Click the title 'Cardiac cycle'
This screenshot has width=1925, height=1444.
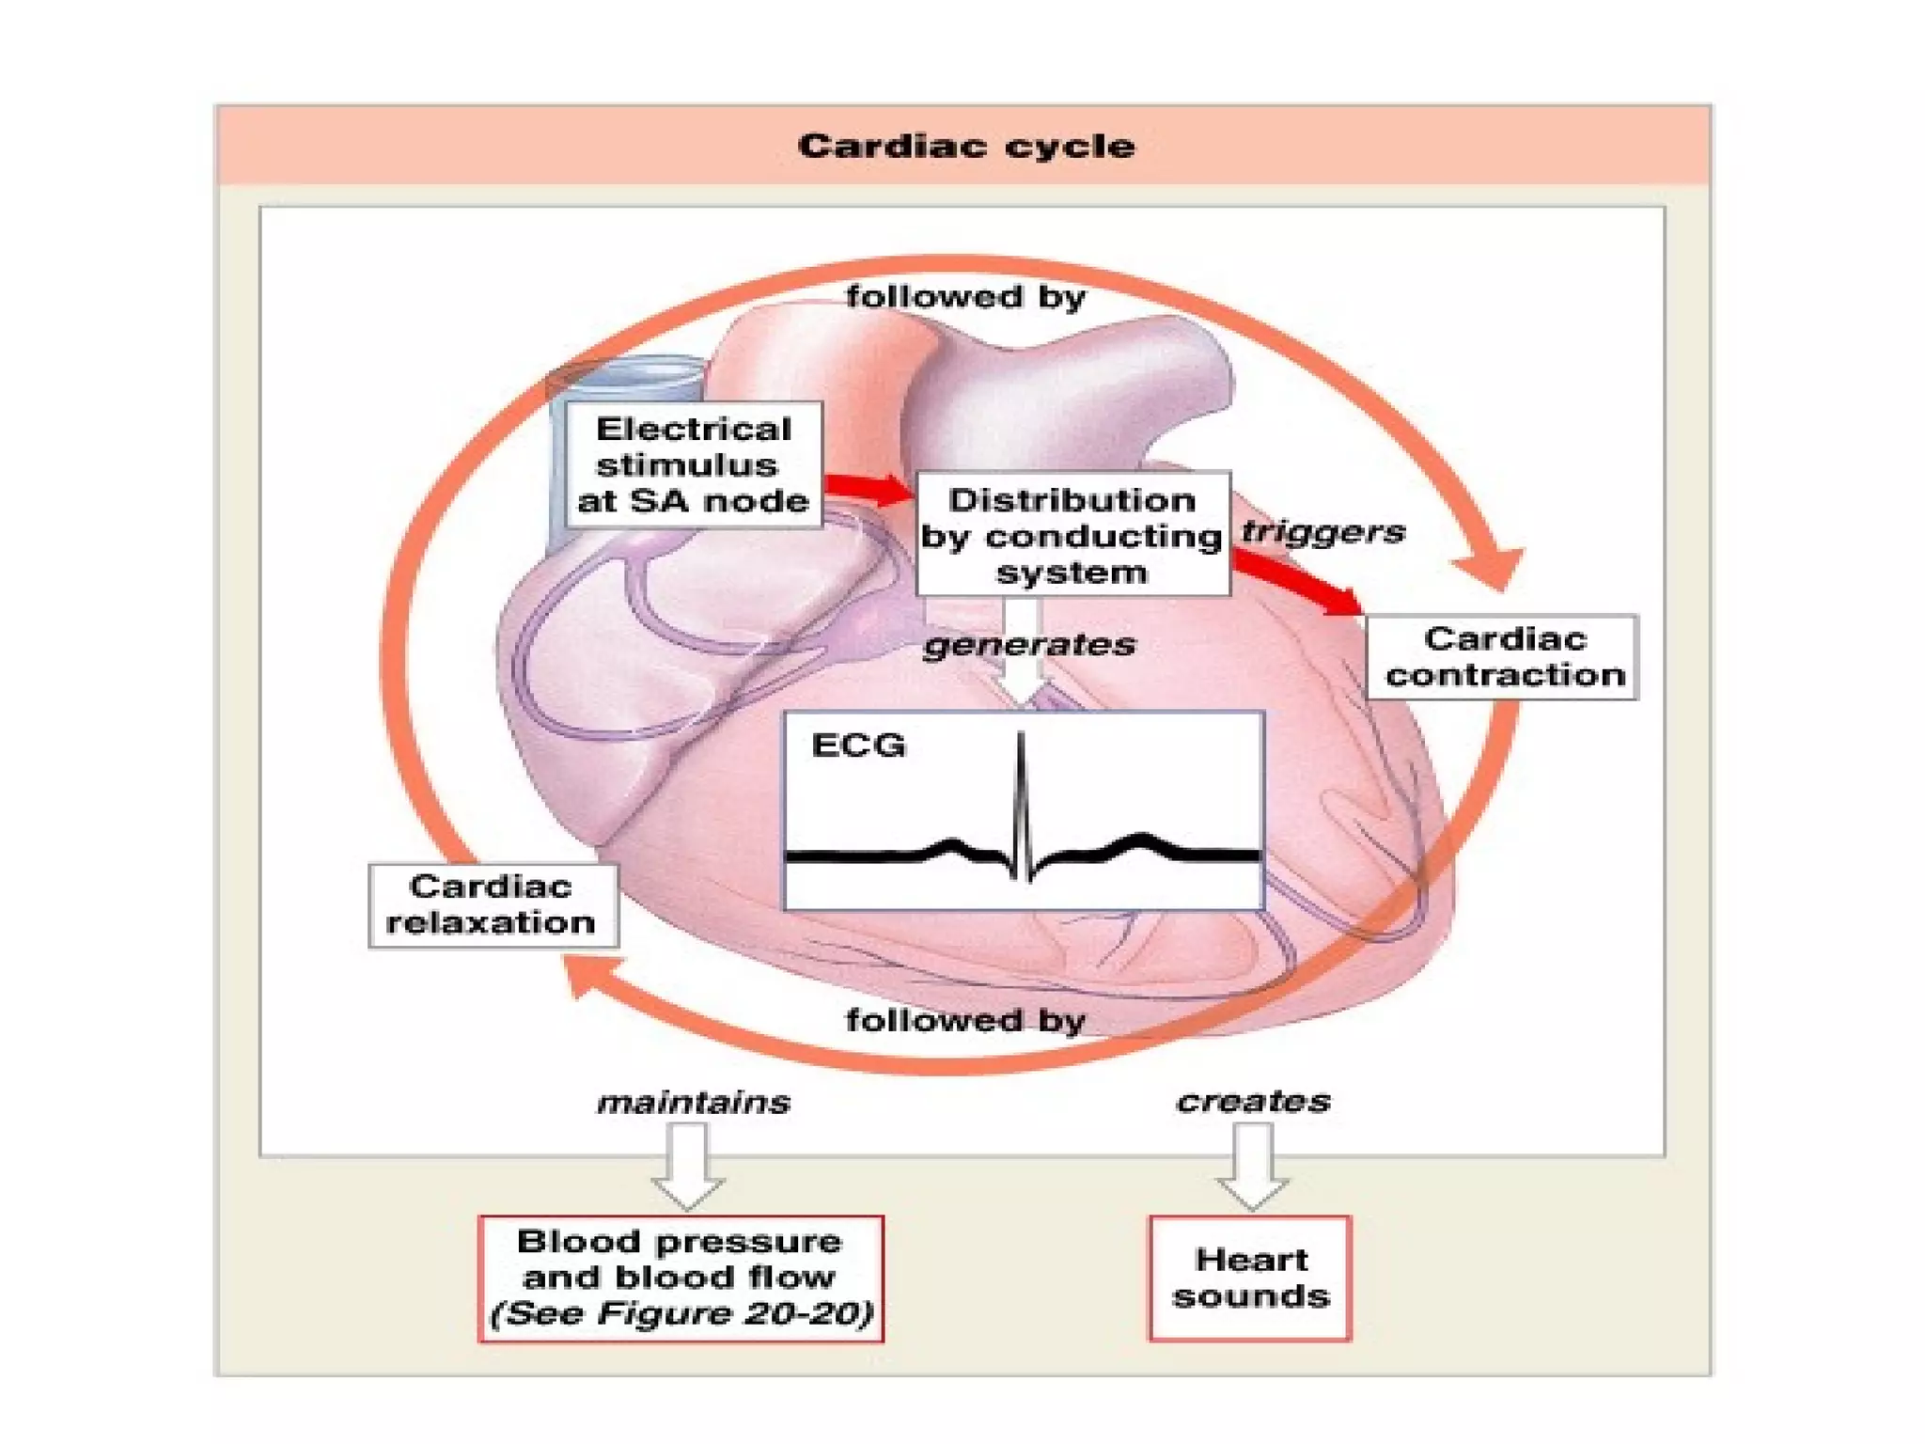965,146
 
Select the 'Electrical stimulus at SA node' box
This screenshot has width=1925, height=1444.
693,464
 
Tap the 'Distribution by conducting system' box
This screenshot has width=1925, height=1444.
1072,535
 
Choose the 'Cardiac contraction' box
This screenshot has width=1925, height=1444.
1502,657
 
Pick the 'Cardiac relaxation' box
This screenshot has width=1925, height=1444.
492,905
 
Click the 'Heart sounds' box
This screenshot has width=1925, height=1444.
1250,1279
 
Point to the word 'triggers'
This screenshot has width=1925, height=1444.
1322,532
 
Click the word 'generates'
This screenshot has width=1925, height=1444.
1029,645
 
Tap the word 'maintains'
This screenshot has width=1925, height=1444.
694,1102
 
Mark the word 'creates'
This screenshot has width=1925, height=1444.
1253,1101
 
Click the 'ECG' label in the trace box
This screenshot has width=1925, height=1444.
858,746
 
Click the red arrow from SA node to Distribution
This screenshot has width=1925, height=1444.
869,487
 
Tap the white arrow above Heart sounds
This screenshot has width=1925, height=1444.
1252,1166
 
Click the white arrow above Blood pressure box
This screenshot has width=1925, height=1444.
688,1166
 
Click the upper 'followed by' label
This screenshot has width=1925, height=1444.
965,297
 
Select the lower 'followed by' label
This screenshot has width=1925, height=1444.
965,1020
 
